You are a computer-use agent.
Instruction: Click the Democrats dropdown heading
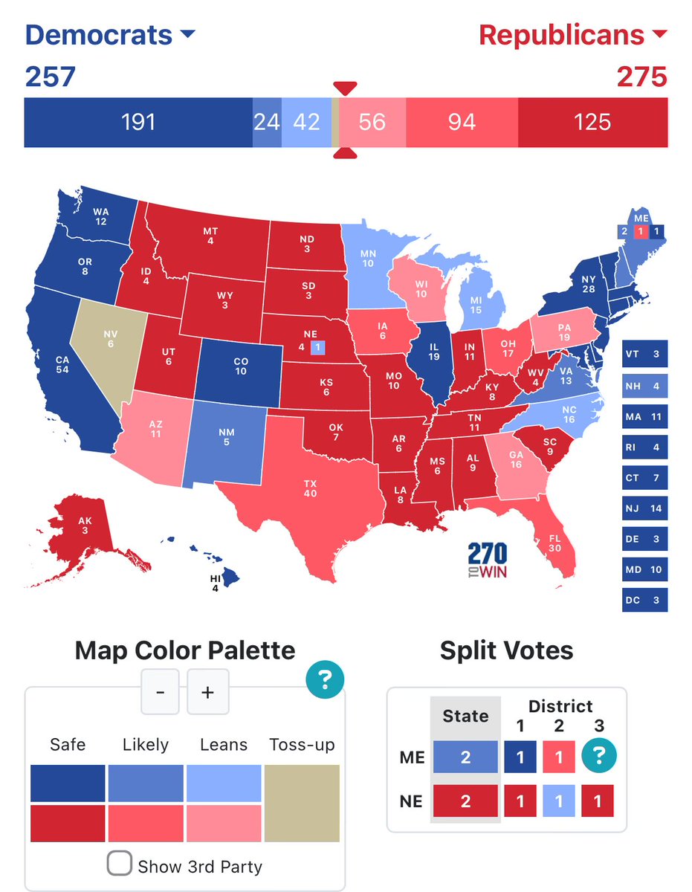109,35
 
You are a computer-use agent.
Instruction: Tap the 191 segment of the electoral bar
138,122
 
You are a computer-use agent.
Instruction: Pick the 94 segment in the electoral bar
462,122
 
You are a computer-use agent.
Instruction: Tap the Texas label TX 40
310,488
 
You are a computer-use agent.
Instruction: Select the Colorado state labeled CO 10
240,366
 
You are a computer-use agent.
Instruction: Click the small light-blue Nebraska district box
317,346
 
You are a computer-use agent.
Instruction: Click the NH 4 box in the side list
644,386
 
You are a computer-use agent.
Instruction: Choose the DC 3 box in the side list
644,600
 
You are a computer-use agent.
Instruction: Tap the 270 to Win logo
488,560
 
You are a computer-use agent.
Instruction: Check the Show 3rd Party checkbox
120,864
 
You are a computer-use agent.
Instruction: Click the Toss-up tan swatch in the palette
302,804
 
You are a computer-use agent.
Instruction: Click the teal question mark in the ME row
599,757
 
